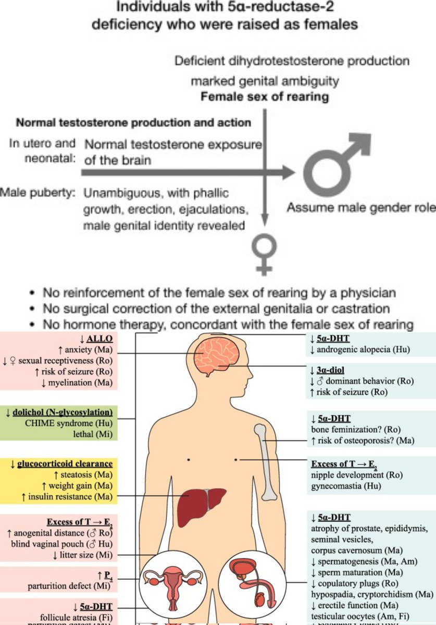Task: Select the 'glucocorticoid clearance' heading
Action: click(x=66, y=464)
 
